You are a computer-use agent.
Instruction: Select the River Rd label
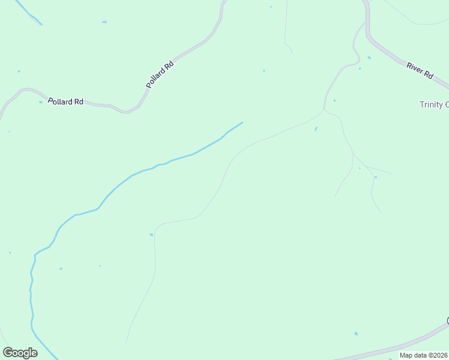[420, 70]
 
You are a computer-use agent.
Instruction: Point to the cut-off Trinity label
[433, 105]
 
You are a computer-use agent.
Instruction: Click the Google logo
[20, 353]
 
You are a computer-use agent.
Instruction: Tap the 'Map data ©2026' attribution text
[424, 355]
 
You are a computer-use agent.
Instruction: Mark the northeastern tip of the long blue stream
[242, 122]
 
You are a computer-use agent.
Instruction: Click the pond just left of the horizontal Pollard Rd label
[41, 102]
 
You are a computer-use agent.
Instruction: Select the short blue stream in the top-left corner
[28, 13]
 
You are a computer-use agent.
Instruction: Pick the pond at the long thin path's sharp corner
[151, 235]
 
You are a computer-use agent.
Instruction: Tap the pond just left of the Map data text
[356, 334]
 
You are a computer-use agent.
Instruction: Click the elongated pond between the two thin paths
[316, 128]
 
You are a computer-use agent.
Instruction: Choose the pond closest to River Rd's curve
[369, 58]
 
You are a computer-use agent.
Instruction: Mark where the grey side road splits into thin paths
[325, 110]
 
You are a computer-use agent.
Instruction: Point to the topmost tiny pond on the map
[271, 7]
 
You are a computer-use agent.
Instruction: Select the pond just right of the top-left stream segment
[104, 22]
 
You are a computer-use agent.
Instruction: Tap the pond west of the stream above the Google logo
[10, 253]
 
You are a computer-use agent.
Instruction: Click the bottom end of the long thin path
[126, 343]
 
